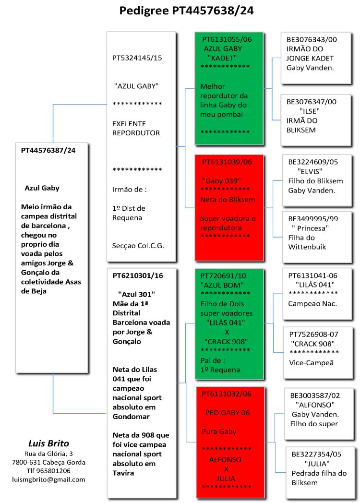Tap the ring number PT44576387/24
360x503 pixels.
(x=48, y=150)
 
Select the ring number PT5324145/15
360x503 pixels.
(x=137, y=58)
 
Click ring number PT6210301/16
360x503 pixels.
(x=138, y=276)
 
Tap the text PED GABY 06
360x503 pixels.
(x=227, y=413)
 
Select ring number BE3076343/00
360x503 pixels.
(x=312, y=40)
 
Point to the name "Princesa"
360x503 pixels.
(x=310, y=228)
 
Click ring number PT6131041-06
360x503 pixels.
(x=312, y=275)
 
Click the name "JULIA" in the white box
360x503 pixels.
(x=317, y=463)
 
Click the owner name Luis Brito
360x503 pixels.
(x=48, y=443)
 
